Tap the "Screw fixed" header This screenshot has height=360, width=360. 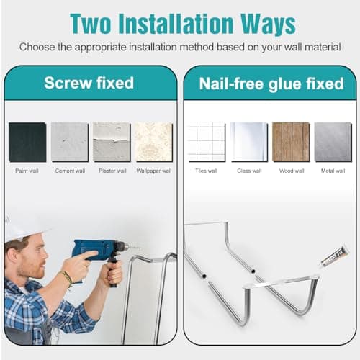coord(89,83)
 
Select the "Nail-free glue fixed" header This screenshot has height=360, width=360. coord(272,84)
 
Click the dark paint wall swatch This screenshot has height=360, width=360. coord(27,141)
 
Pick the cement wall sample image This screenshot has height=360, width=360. coord(70,141)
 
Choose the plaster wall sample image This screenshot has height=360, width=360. coord(112,141)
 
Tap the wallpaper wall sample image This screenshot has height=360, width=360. coord(154,141)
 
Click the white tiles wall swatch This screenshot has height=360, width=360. coord(207,141)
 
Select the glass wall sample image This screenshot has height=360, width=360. coord(248,141)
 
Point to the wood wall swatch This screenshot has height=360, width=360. coord(291,141)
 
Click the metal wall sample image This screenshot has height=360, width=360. coord(333,141)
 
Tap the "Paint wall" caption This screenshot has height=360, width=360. coord(27,171)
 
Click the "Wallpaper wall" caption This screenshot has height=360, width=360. coord(154,171)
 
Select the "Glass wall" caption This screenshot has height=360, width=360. coord(248,171)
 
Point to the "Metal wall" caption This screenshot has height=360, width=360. coord(333,171)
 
